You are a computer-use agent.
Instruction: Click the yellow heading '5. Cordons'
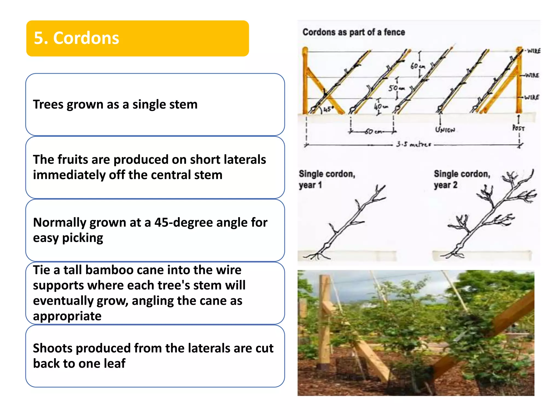tap(77, 38)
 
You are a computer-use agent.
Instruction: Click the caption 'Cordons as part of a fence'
tap(354, 32)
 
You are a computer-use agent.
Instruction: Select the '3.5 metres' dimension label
tap(413, 144)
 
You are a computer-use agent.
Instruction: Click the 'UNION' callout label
tap(445, 130)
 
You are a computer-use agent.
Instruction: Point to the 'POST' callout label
tap(518, 128)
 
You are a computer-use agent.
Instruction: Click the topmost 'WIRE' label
tap(533, 51)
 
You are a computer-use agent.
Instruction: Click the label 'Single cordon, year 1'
tap(326, 179)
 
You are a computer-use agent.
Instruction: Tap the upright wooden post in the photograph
tap(325, 320)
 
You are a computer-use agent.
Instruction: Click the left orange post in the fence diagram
tap(305, 82)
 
